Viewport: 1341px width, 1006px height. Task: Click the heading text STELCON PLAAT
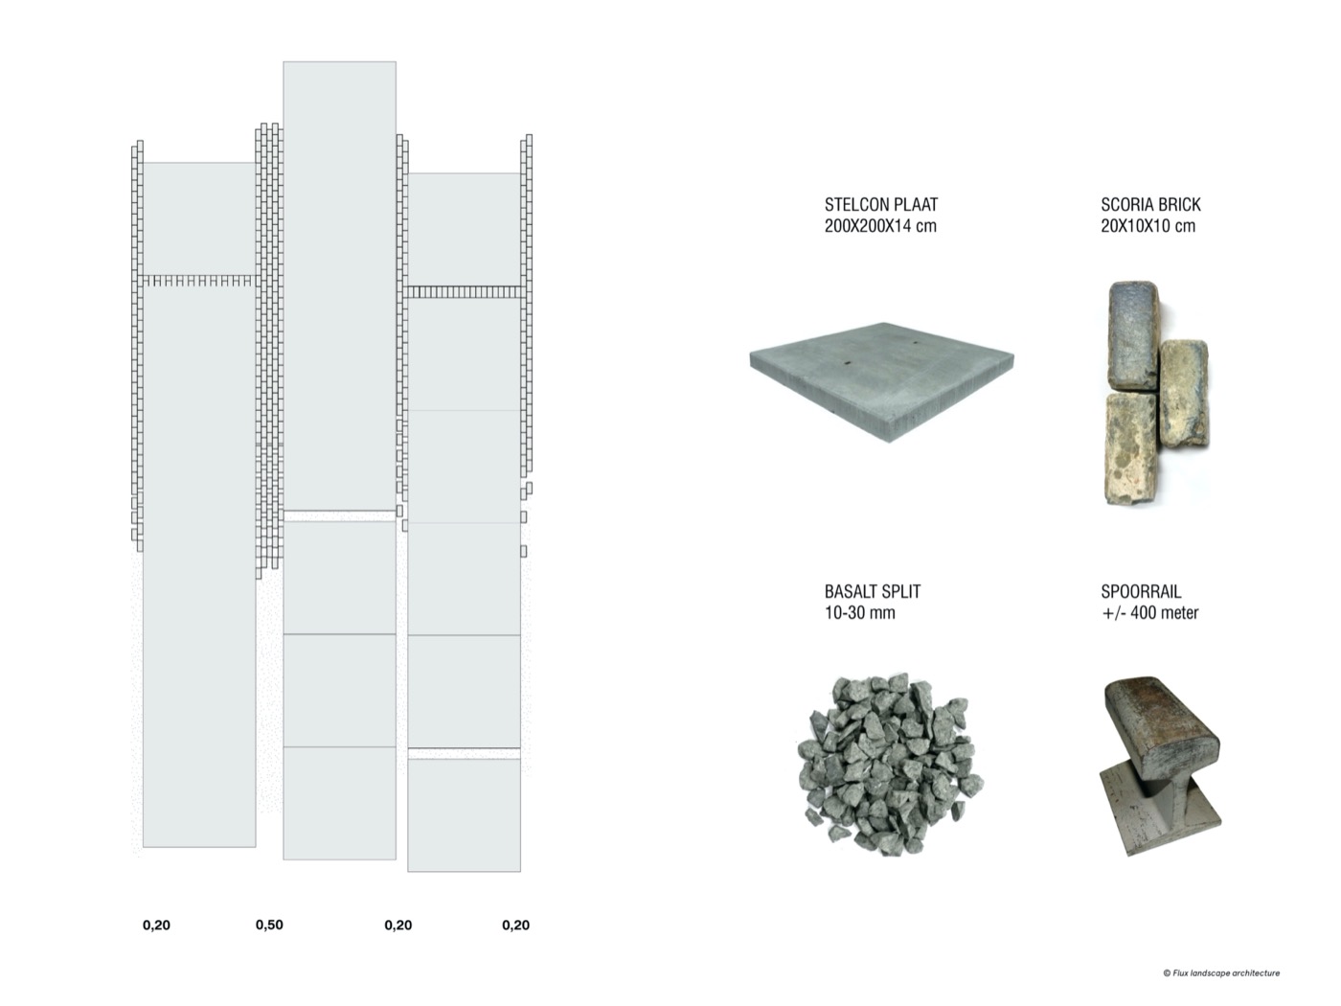[880, 204]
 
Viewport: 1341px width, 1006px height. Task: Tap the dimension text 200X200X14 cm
[879, 226]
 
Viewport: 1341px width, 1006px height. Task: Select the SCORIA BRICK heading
[1150, 204]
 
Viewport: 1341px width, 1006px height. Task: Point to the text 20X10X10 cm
[1148, 226]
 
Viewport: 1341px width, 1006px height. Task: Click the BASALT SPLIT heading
[872, 591]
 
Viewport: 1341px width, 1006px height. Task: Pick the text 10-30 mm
[859, 612]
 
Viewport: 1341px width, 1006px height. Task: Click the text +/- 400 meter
[1149, 612]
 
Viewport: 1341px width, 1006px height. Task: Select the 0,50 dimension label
[269, 925]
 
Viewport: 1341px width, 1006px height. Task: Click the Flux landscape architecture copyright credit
[1220, 973]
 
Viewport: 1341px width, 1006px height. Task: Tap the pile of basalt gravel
[889, 765]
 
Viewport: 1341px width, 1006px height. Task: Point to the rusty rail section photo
[1160, 766]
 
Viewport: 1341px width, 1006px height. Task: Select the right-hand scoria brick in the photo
[1184, 394]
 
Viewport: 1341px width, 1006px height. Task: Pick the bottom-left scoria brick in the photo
[1131, 448]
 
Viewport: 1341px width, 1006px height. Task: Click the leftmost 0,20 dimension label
[156, 926]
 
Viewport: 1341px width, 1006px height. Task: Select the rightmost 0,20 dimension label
[515, 926]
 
